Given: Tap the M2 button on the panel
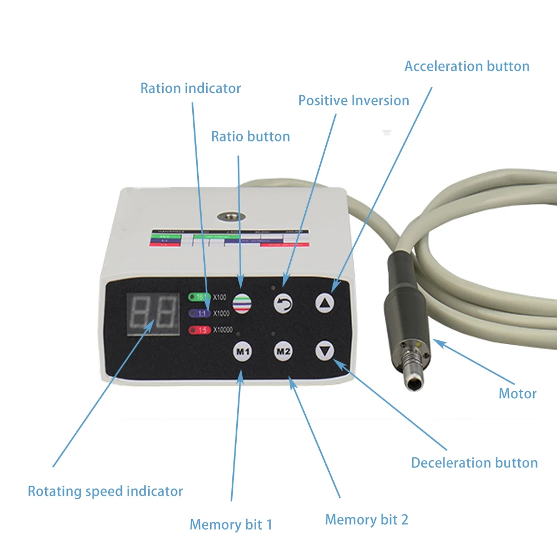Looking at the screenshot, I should pyautogui.click(x=284, y=351).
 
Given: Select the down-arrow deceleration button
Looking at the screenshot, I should pyautogui.click(x=325, y=351).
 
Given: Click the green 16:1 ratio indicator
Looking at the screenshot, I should pyautogui.click(x=199, y=297).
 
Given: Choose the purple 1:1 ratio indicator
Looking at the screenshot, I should pyautogui.click(x=199, y=314).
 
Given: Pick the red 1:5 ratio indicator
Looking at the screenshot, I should pyautogui.click(x=199, y=330).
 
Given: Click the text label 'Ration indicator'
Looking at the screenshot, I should pyautogui.click(x=190, y=88).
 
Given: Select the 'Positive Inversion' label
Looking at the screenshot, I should pyautogui.click(x=354, y=101).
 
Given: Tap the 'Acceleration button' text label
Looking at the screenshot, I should pyautogui.click(x=467, y=66).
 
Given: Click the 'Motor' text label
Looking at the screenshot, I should pyautogui.click(x=517, y=394).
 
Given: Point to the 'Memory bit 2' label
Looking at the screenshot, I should pyautogui.click(x=367, y=520).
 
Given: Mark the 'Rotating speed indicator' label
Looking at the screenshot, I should pyautogui.click(x=105, y=491).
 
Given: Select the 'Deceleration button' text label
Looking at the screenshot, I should pyautogui.click(x=474, y=463).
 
